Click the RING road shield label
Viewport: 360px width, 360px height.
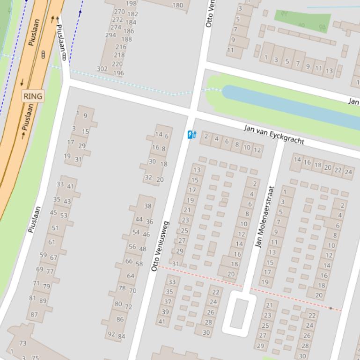[33, 96]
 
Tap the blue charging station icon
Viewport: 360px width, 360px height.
[191, 135]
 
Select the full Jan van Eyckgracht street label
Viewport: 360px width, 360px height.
[274, 135]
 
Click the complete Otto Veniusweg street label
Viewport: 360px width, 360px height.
[160, 246]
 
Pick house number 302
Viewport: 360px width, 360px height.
[102, 69]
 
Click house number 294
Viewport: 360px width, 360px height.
[110, 35]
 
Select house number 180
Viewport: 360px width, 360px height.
[178, 6]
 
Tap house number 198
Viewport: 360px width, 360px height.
[132, 3]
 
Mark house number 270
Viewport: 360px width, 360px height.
[119, 12]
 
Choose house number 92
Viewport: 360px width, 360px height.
[111, 334]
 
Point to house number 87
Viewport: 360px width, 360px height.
[34, 315]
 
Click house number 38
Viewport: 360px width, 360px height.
[148, 206]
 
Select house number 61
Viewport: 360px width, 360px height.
[51, 242]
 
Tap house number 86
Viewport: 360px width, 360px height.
[120, 319]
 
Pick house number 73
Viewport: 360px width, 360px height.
[22, 343]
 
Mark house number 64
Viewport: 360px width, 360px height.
[131, 276]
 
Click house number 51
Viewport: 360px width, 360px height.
[55, 228]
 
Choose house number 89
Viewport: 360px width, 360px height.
[43, 301]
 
